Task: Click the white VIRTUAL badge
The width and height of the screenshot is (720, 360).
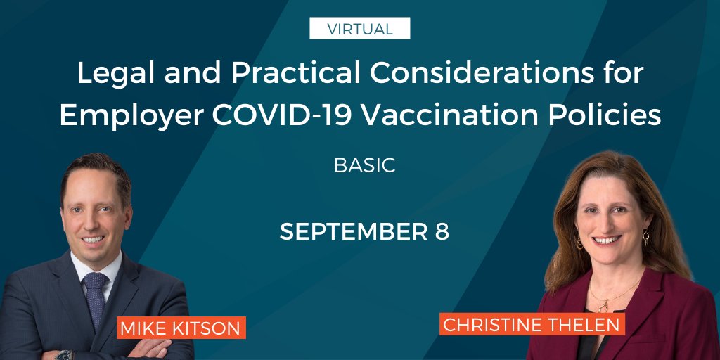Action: point(359,29)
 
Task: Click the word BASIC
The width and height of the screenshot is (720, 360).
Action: point(364,165)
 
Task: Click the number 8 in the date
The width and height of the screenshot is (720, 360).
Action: point(441,232)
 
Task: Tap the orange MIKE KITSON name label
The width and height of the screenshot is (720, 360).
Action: point(181,328)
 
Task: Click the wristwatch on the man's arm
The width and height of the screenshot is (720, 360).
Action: point(64,354)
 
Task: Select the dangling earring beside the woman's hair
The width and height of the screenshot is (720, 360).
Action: point(645,238)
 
